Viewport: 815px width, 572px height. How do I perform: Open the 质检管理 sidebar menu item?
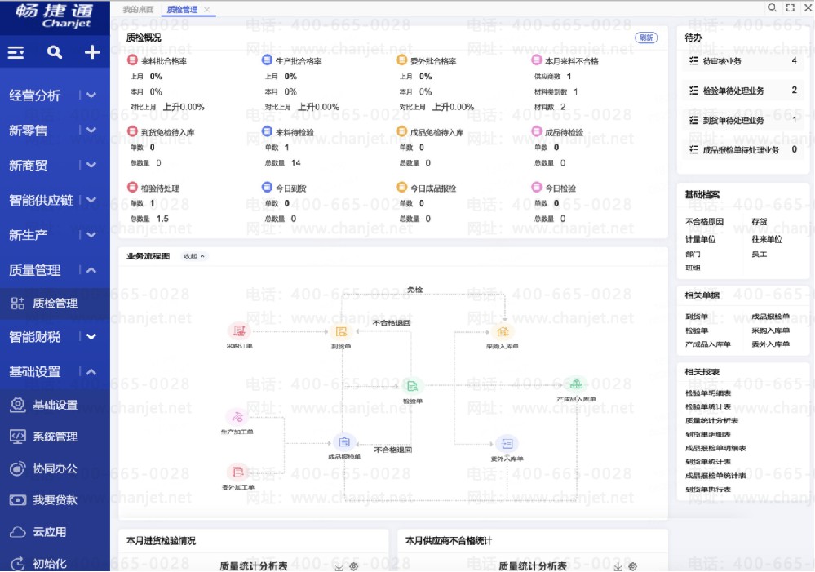(x=55, y=304)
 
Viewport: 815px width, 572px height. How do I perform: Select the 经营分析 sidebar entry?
(x=35, y=95)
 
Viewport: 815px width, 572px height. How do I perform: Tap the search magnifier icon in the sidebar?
(x=55, y=53)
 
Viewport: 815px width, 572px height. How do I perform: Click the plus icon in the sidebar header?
(x=92, y=53)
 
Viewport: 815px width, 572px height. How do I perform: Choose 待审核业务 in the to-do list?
(x=722, y=61)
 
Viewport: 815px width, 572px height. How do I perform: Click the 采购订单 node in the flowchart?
(x=239, y=331)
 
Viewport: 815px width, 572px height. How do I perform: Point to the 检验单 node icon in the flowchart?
(x=412, y=386)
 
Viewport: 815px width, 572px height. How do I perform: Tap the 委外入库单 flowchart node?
(x=507, y=444)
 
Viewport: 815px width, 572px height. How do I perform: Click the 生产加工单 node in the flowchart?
(x=237, y=417)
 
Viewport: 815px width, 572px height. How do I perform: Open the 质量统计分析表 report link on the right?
(x=712, y=420)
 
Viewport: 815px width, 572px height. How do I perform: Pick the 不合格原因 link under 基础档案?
(x=705, y=221)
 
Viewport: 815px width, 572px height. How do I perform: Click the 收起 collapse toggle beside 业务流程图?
(x=194, y=256)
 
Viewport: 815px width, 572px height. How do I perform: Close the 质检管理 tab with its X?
(x=207, y=10)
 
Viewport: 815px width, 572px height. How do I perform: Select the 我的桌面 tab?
(x=137, y=10)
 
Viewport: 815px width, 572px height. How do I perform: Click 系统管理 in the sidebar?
(x=55, y=437)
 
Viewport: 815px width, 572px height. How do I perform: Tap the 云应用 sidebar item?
(x=49, y=532)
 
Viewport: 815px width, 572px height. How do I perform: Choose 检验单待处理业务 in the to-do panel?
(x=733, y=91)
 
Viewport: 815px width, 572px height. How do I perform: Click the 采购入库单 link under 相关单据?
(x=771, y=330)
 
